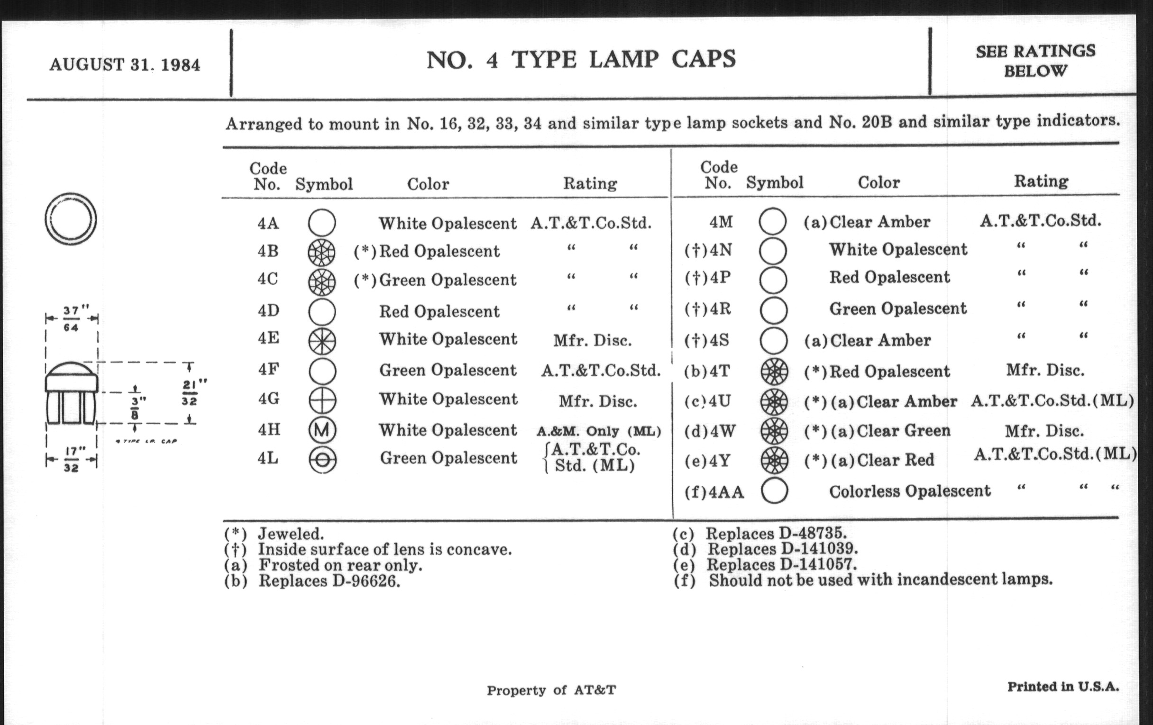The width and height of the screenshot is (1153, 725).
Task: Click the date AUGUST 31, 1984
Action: [125, 64]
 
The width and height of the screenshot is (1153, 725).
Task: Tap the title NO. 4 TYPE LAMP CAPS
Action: [580, 60]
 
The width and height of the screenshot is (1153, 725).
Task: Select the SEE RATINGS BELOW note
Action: [1035, 61]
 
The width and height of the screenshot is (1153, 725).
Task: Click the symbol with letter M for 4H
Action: [322, 430]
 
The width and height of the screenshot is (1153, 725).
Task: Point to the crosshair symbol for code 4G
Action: [322, 400]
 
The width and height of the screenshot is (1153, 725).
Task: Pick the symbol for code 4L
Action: [322, 460]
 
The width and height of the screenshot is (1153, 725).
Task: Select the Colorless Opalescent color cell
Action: [909, 491]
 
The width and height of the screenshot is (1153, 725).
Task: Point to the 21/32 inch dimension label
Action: [190, 392]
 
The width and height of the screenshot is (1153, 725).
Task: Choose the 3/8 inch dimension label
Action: [135, 407]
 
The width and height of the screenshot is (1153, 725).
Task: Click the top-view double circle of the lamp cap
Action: [71, 219]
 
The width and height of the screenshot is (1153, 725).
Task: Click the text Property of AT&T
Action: [551, 690]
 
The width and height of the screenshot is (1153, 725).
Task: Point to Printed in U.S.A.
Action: [1062, 687]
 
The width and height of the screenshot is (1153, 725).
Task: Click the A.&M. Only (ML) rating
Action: [598, 431]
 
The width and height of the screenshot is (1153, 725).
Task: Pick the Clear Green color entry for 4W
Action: [903, 431]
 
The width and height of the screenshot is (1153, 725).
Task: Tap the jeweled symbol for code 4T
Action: [774, 372]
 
